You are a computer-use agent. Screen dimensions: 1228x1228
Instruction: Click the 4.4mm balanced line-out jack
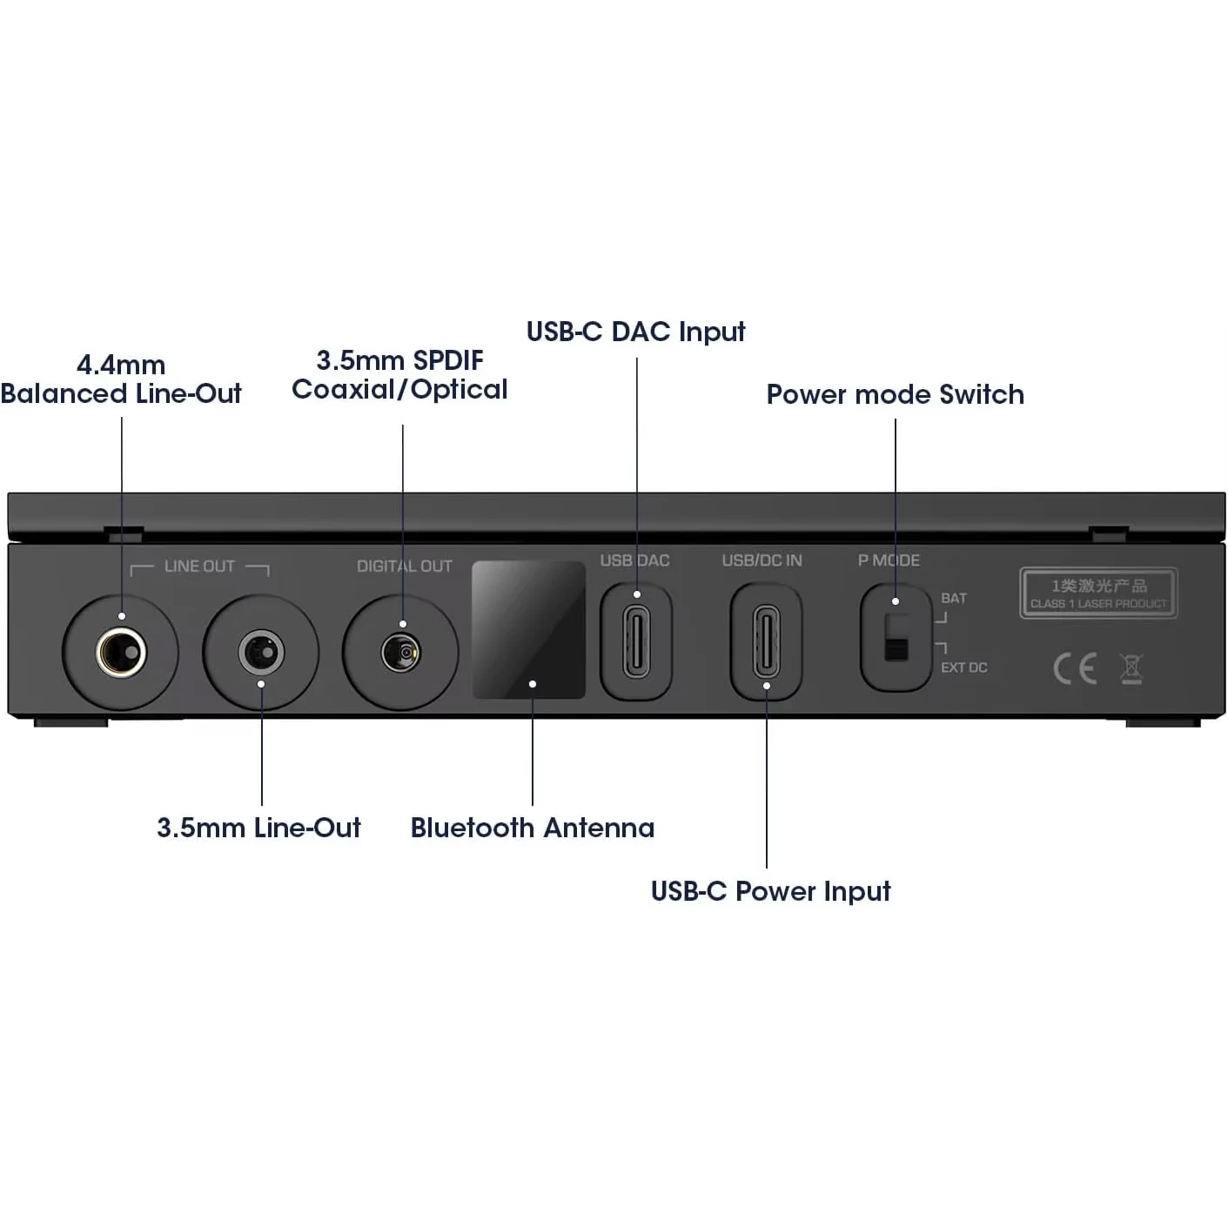(121, 652)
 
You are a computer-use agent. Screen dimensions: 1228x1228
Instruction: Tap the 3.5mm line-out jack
(261, 652)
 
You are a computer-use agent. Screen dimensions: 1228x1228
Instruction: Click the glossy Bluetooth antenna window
(528, 629)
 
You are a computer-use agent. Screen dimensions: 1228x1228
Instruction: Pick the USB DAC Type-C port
(636, 642)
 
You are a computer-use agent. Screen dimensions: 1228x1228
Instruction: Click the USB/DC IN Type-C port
(766, 642)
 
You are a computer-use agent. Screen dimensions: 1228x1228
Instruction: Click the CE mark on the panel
(1074, 668)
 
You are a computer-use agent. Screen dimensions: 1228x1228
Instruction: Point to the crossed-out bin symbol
(1131, 668)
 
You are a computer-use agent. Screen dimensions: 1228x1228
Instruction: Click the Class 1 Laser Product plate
(1098, 594)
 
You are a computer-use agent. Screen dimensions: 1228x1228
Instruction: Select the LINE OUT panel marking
(199, 567)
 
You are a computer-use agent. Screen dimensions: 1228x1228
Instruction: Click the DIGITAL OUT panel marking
(405, 567)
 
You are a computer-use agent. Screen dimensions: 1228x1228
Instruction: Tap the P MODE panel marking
(889, 560)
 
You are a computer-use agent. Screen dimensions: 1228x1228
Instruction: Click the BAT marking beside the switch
(954, 599)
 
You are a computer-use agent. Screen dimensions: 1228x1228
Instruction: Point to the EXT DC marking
(964, 668)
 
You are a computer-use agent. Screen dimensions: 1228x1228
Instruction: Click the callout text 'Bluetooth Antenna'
(533, 828)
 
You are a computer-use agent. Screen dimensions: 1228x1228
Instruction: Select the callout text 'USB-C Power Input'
(771, 891)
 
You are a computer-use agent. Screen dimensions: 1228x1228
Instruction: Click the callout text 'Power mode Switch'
(895, 394)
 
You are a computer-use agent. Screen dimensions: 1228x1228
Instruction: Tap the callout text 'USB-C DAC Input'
(636, 332)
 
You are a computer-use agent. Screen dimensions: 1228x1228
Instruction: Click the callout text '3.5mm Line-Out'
(258, 828)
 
